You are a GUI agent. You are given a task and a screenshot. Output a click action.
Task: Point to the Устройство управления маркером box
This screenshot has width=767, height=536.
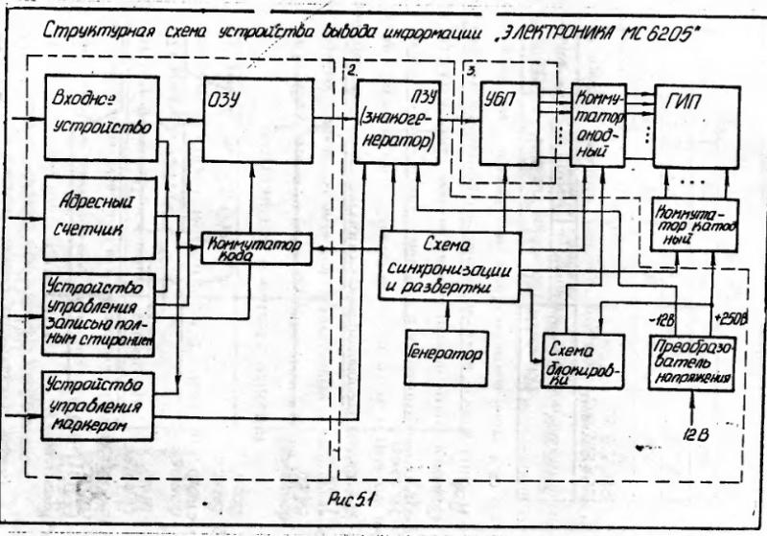coord(99,404)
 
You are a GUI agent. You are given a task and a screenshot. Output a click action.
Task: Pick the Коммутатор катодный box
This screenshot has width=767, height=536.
coord(692,223)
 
